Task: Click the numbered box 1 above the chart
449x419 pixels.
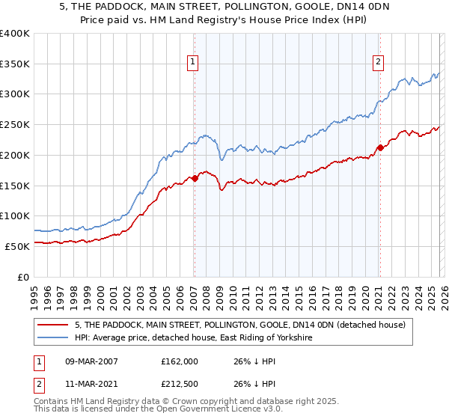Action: (193, 62)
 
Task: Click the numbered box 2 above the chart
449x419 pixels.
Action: (379, 62)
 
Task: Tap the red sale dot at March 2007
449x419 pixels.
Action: (195, 178)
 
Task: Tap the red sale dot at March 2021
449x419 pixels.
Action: (380, 147)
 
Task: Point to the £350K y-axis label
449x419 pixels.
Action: (15, 64)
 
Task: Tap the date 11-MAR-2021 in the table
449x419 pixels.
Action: (94, 385)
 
